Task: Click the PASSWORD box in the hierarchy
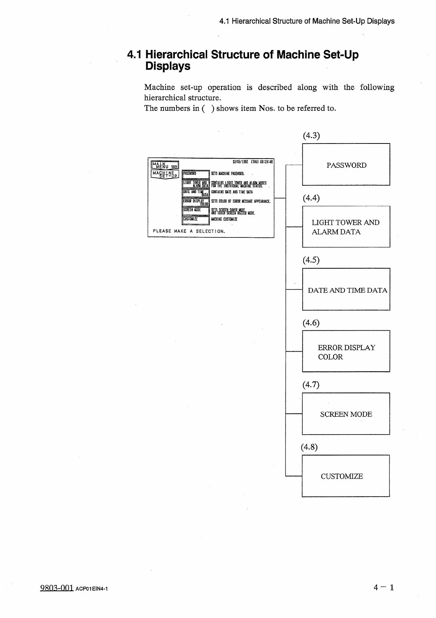coord(346,165)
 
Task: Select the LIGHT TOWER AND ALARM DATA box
coord(346,227)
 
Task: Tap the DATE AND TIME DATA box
coord(346,290)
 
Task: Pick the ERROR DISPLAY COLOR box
coord(346,352)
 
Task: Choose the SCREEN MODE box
coord(346,414)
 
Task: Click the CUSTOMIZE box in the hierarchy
coord(346,476)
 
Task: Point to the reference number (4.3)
coord(311,135)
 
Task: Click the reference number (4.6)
coord(311,323)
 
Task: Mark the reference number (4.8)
coord(309,447)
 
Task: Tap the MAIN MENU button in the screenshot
coord(165,166)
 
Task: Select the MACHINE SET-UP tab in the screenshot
coord(165,174)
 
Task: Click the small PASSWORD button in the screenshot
coord(195,174)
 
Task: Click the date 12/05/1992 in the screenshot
coord(241,162)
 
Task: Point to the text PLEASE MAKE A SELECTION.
coord(189,231)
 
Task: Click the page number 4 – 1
coord(383,588)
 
